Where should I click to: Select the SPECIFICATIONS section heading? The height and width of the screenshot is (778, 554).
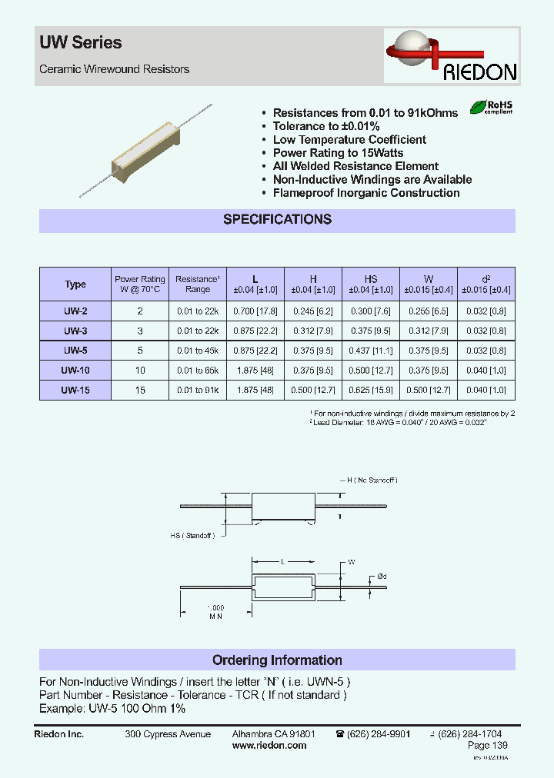click(x=277, y=219)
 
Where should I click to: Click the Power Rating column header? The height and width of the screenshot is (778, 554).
click(x=140, y=284)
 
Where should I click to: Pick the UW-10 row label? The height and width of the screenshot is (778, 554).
click(x=75, y=371)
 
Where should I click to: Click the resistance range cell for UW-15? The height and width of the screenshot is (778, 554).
click(x=198, y=391)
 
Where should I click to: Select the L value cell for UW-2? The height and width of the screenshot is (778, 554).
click(x=255, y=311)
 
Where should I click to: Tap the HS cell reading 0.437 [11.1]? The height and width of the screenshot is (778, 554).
click(x=370, y=351)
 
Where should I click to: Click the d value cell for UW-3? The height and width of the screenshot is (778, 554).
click(x=486, y=331)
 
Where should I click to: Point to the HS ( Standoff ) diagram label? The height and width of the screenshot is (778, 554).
click(x=192, y=535)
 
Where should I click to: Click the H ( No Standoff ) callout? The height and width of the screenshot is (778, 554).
click(x=368, y=480)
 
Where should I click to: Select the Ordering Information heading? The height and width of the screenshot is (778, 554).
click(x=277, y=660)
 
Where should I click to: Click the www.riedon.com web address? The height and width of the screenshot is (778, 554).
click(x=269, y=746)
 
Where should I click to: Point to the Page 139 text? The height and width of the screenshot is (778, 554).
click(x=488, y=746)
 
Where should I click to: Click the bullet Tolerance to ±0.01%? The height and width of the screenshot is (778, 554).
click(x=326, y=126)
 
